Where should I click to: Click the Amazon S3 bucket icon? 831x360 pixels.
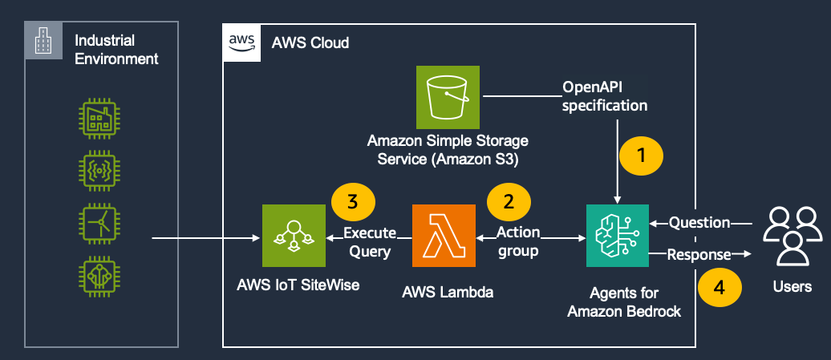coord(448,97)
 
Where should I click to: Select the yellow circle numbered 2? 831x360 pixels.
coord(507,200)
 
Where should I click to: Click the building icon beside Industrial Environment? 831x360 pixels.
coord(41,42)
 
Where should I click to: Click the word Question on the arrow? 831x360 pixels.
coord(699,222)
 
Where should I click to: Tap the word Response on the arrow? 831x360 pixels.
coord(699,255)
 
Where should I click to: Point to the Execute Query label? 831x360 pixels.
coord(370,242)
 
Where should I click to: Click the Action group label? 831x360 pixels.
coord(518,242)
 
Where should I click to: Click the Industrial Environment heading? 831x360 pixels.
coord(116,49)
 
